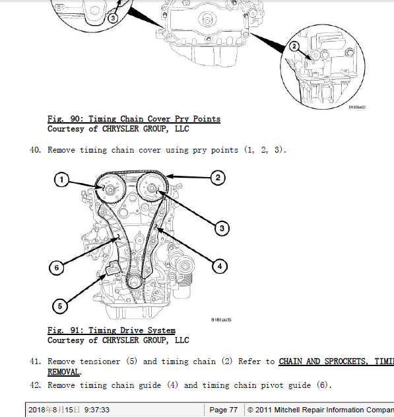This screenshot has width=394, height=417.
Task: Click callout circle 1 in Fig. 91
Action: [x=61, y=180]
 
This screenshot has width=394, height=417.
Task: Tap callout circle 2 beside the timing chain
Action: [x=218, y=178]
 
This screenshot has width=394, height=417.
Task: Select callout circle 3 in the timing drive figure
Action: [x=222, y=228]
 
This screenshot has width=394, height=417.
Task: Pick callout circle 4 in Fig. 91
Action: [x=220, y=266]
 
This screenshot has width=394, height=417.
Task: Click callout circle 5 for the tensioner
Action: [x=60, y=306]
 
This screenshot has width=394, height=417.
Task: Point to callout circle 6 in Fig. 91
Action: [x=57, y=268]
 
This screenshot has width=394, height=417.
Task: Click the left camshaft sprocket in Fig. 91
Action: [x=110, y=189]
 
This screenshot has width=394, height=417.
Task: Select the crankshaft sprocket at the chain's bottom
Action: [x=134, y=282]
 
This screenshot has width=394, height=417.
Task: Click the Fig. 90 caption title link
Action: [x=134, y=119]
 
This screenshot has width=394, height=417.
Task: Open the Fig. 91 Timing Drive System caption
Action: [x=112, y=330]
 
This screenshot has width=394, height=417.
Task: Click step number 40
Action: [x=36, y=150]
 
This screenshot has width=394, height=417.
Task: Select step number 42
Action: [x=36, y=385]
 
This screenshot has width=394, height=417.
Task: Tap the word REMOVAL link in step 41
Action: [x=63, y=372]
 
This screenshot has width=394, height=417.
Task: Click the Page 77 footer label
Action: [x=223, y=410]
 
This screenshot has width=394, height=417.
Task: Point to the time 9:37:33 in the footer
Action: [x=96, y=410]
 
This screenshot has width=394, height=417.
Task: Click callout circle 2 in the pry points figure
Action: [x=294, y=46]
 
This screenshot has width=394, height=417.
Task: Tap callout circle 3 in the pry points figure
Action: [x=113, y=18]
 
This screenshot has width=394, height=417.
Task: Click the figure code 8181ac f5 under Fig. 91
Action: [x=221, y=320]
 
